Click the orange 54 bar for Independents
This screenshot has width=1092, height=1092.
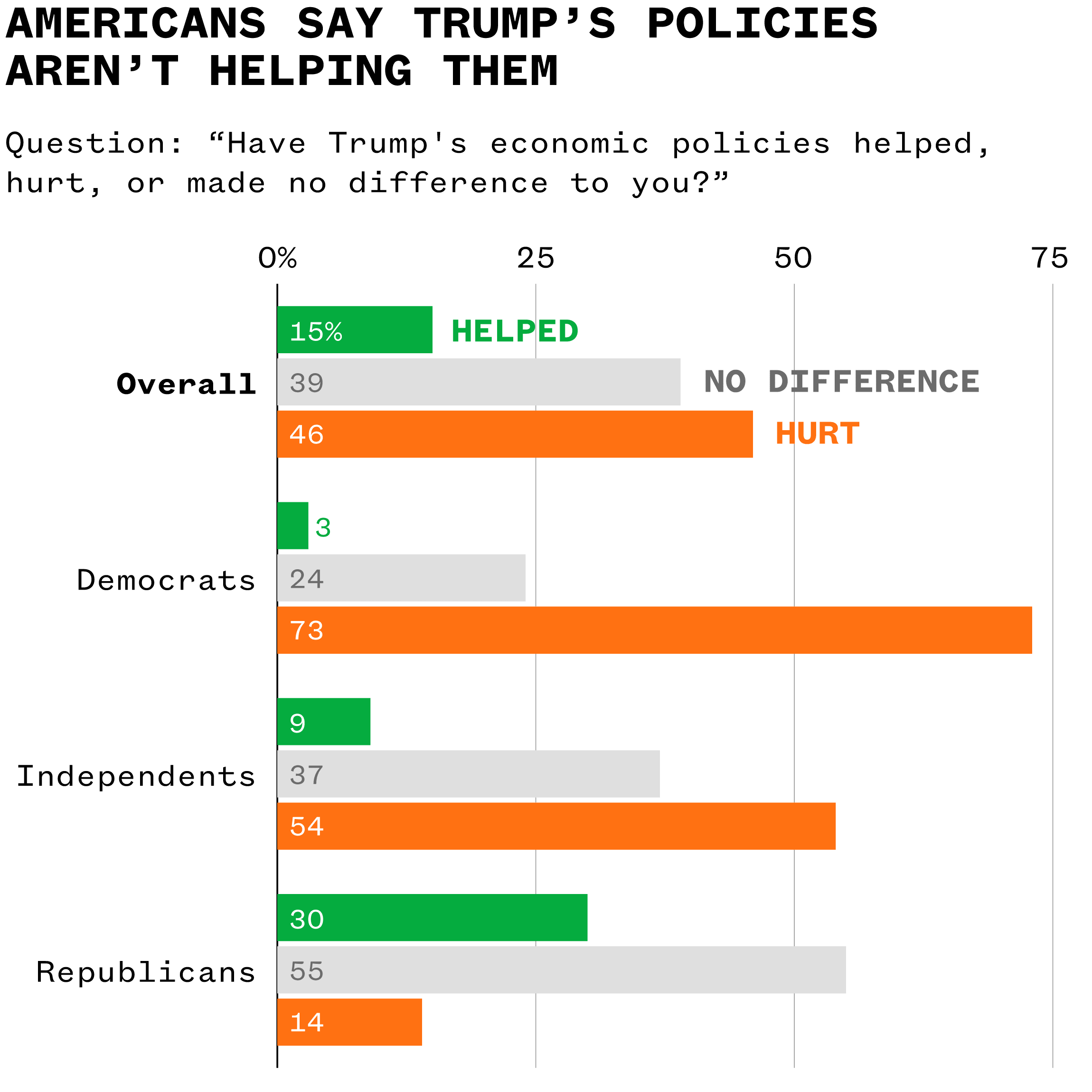click(x=556, y=826)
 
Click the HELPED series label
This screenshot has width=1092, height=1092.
click(x=514, y=331)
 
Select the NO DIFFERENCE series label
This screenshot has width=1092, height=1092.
click(x=841, y=382)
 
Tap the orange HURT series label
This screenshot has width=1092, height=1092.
click(x=817, y=434)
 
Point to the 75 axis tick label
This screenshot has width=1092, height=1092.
click(x=1050, y=258)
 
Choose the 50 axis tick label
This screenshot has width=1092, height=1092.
click(x=793, y=258)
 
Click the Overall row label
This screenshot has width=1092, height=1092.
click(x=186, y=385)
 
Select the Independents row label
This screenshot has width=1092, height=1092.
click(x=136, y=776)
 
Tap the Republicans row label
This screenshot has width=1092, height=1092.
click(x=146, y=972)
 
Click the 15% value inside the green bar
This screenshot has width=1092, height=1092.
click(x=315, y=331)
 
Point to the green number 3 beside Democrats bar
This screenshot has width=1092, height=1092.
click(x=323, y=527)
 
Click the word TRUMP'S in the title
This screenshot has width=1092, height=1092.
click(x=514, y=24)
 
